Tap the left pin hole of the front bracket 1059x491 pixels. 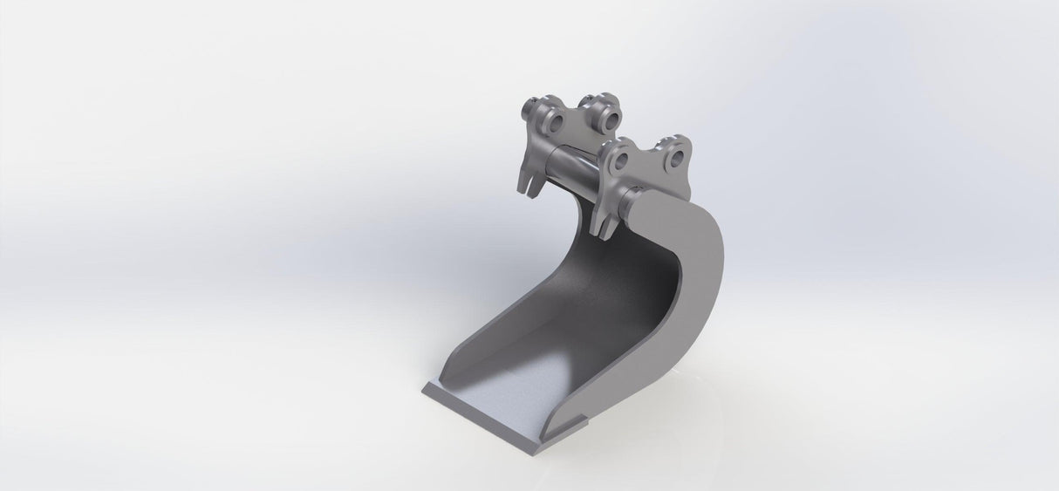click(x=622, y=162)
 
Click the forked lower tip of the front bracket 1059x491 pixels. click(x=603, y=225)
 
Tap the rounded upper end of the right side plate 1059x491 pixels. click(x=680, y=209)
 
